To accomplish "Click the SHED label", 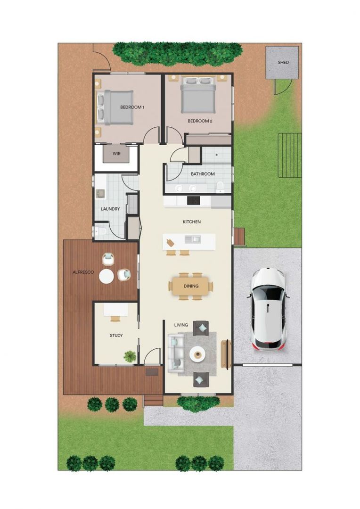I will point(283,62).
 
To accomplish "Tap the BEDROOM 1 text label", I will point(132,107).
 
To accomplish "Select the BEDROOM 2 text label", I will point(200,121).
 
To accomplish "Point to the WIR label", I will point(116,154).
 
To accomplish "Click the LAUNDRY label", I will point(110,209).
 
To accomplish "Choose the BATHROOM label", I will point(203,174).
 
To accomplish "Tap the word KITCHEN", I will point(192,222).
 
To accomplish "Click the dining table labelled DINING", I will point(191,286).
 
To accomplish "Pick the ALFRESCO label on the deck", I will point(83,272).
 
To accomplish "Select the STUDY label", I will point(116,336).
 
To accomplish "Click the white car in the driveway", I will point(268,309).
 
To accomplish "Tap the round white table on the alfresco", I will point(106,276).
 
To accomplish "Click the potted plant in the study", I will point(130,357).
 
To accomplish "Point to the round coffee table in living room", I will point(196,353).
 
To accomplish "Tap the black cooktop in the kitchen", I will point(194,201).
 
